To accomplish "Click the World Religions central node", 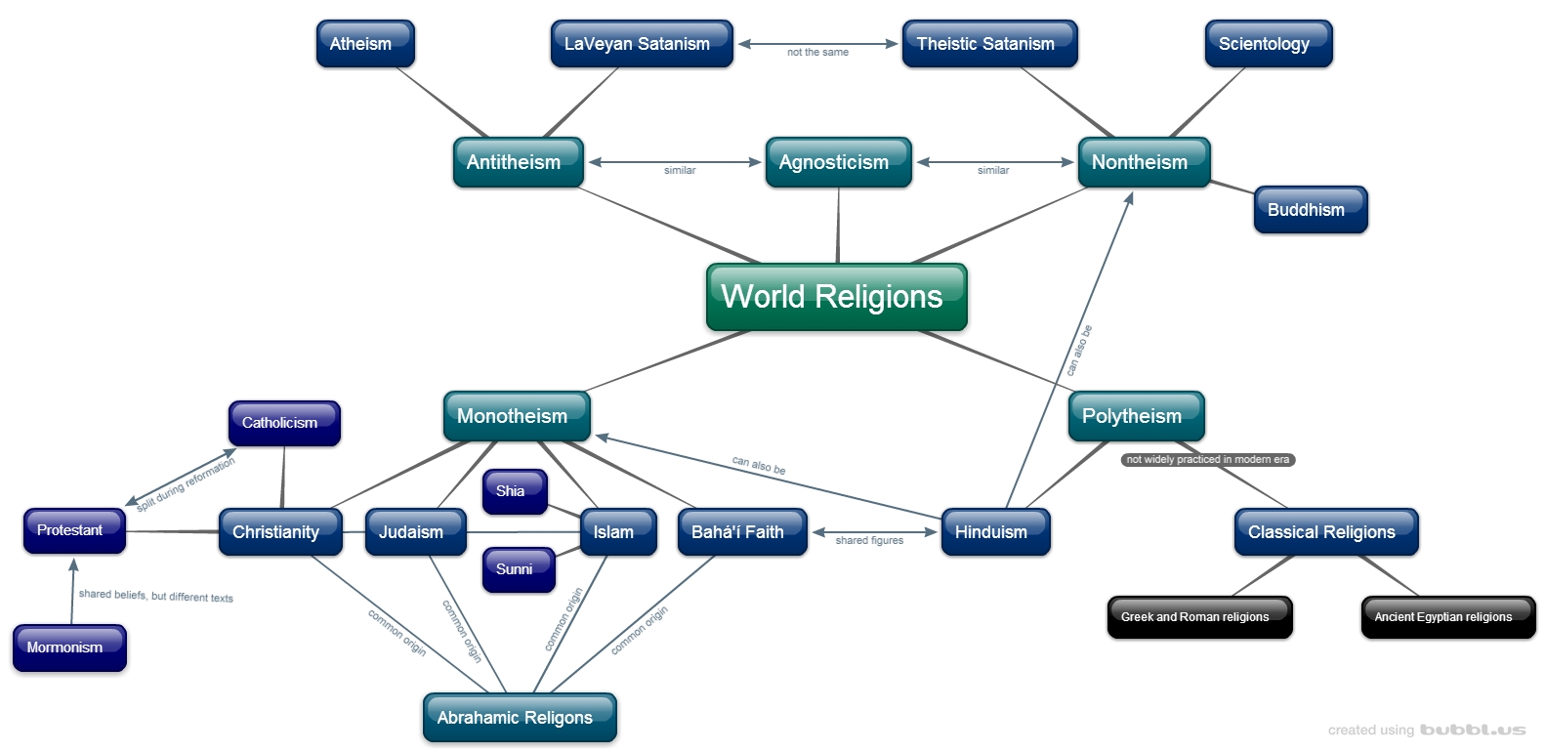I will click(836, 297).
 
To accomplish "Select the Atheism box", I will click(365, 44).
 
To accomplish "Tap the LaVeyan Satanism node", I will click(641, 44).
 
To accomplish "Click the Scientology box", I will click(1268, 44).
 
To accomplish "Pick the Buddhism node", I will click(1310, 210).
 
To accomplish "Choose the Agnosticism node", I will click(838, 162).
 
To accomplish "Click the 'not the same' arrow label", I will click(817, 53).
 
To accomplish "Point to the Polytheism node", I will click(1136, 416).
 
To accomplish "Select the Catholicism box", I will click(283, 423).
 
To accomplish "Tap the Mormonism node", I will click(68, 648).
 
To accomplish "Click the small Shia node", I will click(514, 491).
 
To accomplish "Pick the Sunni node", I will click(518, 569).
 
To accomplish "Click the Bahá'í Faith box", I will click(741, 532).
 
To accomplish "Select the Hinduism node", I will click(994, 532).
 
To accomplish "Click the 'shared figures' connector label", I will click(869, 540).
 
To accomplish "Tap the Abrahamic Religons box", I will click(519, 718).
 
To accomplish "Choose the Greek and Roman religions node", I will click(1198, 617).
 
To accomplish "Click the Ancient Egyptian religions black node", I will click(1447, 617).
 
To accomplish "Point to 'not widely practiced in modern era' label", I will click(1208, 459).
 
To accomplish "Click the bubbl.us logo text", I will click(1473, 730).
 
